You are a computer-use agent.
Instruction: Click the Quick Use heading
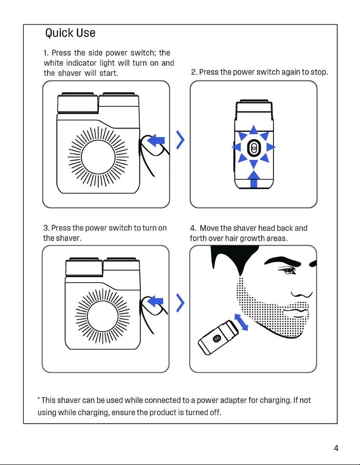[70, 33]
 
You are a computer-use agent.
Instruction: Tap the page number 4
[336, 448]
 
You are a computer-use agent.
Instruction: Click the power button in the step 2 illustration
[253, 148]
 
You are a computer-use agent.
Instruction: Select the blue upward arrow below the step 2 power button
[253, 179]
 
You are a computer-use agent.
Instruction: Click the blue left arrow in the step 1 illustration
[156, 140]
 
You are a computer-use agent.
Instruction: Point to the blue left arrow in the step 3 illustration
[155, 301]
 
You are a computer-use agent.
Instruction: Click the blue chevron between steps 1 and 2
[180, 139]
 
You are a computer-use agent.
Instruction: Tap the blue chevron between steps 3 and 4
[180, 303]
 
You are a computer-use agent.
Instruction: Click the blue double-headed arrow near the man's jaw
[241, 322]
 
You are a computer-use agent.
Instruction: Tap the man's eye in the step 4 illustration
[287, 270]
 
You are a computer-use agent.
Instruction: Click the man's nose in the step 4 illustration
[302, 294]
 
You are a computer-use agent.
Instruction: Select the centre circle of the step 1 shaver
[98, 157]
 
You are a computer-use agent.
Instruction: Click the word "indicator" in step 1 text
[81, 63]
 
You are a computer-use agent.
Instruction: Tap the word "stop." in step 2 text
[319, 72]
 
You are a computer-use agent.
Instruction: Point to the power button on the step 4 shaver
[217, 338]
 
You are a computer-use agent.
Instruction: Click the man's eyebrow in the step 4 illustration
[283, 261]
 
